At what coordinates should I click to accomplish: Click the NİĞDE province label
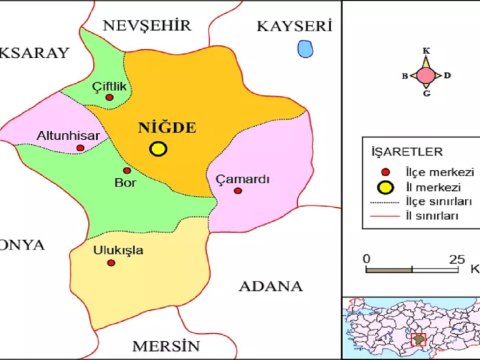coord(166,128)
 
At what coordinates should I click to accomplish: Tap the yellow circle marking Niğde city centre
coord(158,149)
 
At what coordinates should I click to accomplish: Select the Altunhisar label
coord(67,134)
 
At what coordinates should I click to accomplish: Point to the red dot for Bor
coord(127,169)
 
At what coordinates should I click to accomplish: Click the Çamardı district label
coord(243,179)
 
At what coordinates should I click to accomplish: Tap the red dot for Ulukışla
coord(111,263)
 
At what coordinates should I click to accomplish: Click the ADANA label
coord(271,286)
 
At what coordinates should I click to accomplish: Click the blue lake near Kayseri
coord(304,48)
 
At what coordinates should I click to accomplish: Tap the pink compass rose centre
coord(426,75)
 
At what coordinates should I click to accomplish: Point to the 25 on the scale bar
coord(458,260)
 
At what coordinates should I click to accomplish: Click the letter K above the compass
coord(426,51)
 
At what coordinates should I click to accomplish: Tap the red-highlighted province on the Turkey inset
coord(419,339)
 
